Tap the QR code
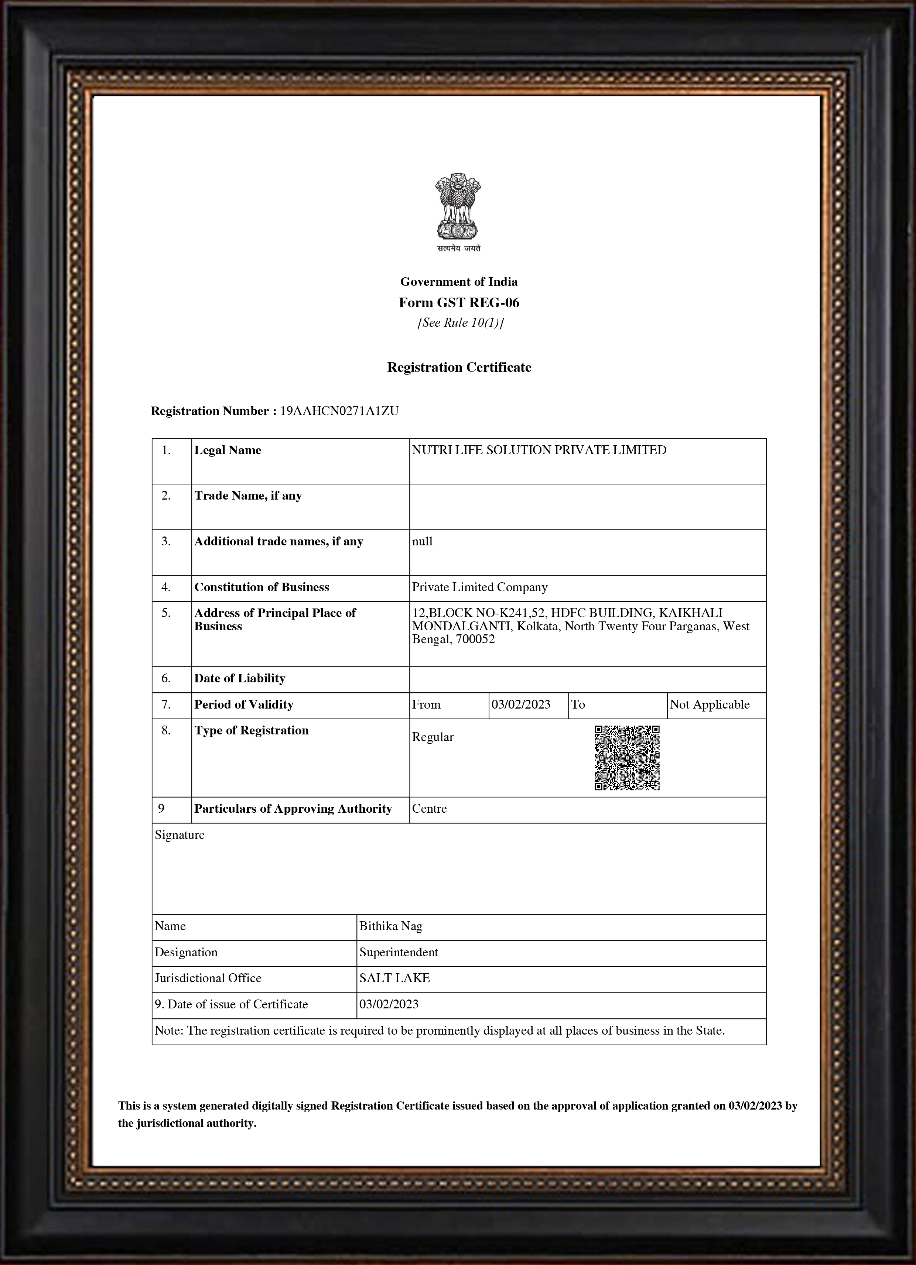click(x=627, y=757)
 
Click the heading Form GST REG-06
click(x=459, y=303)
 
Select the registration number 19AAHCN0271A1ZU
click(x=339, y=411)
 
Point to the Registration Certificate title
click(x=459, y=367)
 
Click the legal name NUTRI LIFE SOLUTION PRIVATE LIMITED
click(x=539, y=450)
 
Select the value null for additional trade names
click(x=422, y=542)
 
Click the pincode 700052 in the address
click(x=475, y=639)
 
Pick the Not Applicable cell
click(x=710, y=705)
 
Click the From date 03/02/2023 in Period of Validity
click(x=521, y=705)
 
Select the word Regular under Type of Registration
click(x=433, y=737)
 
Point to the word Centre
click(x=430, y=809)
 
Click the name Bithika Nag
click(x=390, y=926)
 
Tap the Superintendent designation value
click(x=398, y=953)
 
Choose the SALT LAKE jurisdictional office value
click(x=394, y=978)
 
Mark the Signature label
click(x=180, y=835)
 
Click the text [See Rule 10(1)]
click(x=460, y=323)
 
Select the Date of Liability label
click(x=240, y=679)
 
